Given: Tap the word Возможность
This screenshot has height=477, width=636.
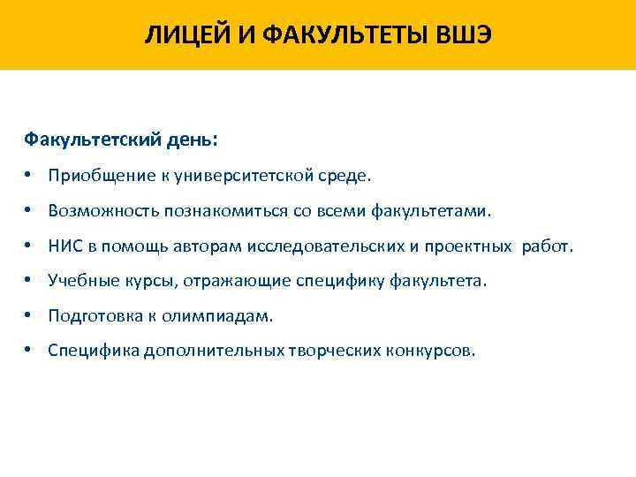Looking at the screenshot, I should pos(103,211).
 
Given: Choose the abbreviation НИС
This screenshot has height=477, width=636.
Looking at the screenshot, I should pos(65,246).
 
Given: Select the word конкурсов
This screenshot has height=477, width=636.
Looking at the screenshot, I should pos(429,351).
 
